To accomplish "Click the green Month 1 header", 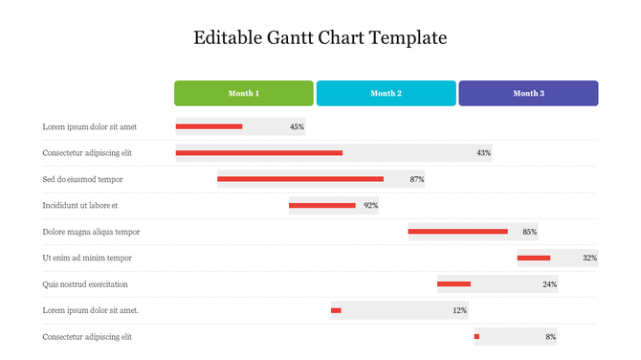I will [243, 93].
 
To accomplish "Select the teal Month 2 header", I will [386, 93].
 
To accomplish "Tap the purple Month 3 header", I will [528, 93].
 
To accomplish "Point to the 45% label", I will [297, 126].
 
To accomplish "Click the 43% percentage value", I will [483, 152].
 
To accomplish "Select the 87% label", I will [416, 179].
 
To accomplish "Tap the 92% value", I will [370, 205].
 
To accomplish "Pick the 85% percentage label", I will [529, 232].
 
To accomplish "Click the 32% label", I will [589, 258].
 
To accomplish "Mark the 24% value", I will [549, 284].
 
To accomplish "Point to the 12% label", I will [459, 310].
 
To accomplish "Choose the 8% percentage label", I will [550, 337].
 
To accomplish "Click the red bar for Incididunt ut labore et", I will [322, 205].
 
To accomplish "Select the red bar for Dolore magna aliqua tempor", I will [457, 232].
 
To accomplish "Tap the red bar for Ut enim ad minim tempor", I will [534, 258].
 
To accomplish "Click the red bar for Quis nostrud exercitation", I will [453, 284].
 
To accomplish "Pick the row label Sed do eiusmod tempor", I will [82, 179].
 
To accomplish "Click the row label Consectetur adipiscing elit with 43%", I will [87, 152].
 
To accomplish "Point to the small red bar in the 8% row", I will [476, 337].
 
